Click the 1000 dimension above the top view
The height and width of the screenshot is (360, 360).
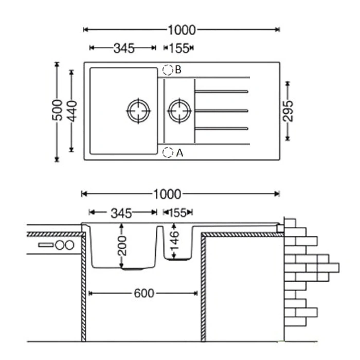click(x=182, y=30)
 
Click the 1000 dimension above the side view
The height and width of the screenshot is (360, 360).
click(x=167, y=194)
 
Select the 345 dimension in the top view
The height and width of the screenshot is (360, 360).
click(x=124, y=48)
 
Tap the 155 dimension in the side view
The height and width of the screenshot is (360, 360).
click(x=178, y=213)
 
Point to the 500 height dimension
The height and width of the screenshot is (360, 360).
click(x=58, y=110)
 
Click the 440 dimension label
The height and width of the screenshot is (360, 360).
click(x=72, y=111)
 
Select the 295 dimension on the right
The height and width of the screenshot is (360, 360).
click(x=288, y=111)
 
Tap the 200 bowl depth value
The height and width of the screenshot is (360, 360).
click(x=122, y=246)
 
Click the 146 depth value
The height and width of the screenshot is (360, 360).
click(x=174, y=241)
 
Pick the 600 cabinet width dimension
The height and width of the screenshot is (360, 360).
click(x=143, y=294)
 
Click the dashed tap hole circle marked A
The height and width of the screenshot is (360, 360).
click(x=168, y=152)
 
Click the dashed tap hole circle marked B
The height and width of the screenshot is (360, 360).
click(x=168, y=70)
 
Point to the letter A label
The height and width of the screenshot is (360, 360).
click(x=179, y=153)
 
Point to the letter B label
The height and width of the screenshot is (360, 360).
click(x=178, y=69)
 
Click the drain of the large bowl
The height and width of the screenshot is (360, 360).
click(x=138, y=111)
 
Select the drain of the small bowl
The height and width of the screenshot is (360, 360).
click(x=179, y=111)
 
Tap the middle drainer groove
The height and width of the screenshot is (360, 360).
click(x=221, y=111)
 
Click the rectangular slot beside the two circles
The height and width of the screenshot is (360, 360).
click(x=46, y=245)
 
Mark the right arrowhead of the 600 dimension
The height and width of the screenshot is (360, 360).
click(x=195, y=293)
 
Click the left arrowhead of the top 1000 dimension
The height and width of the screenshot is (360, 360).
click(x=85, y=29)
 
